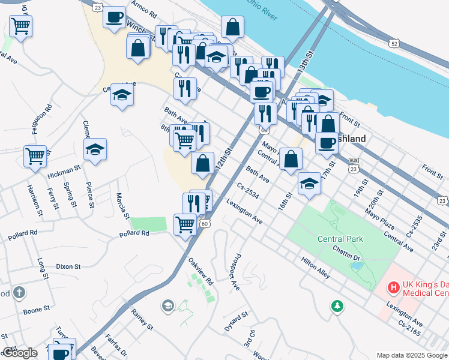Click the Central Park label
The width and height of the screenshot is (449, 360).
(340, 239)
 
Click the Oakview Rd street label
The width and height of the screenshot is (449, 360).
(200, 271)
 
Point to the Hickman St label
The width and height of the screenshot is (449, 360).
(64, 173)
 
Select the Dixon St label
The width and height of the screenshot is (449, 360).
(68, 266)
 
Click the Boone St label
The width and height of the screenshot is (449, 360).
(37, 310)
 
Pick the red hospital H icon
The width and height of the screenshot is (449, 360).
(394, 288)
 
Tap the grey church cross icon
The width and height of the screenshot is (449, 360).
(19, 293)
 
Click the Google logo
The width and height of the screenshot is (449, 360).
(19, 353)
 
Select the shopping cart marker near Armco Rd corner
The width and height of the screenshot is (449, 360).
(20, 26)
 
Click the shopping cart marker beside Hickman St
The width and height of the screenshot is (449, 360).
(35, 155)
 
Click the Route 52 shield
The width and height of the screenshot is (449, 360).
(394, 43)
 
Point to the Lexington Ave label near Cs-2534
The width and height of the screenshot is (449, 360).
(244, 212)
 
